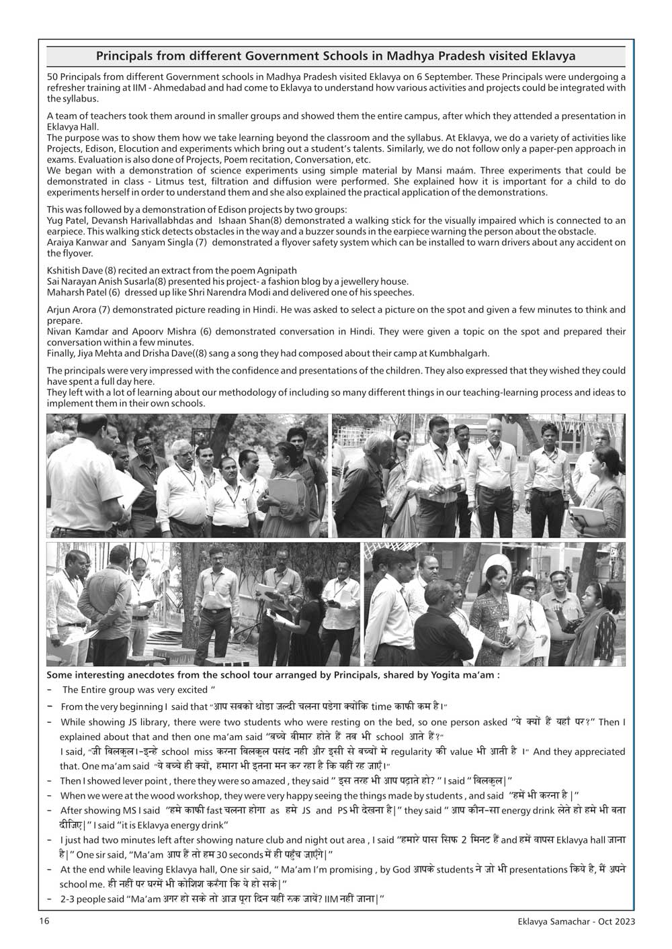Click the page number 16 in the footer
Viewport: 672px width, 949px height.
click(42, 921)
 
